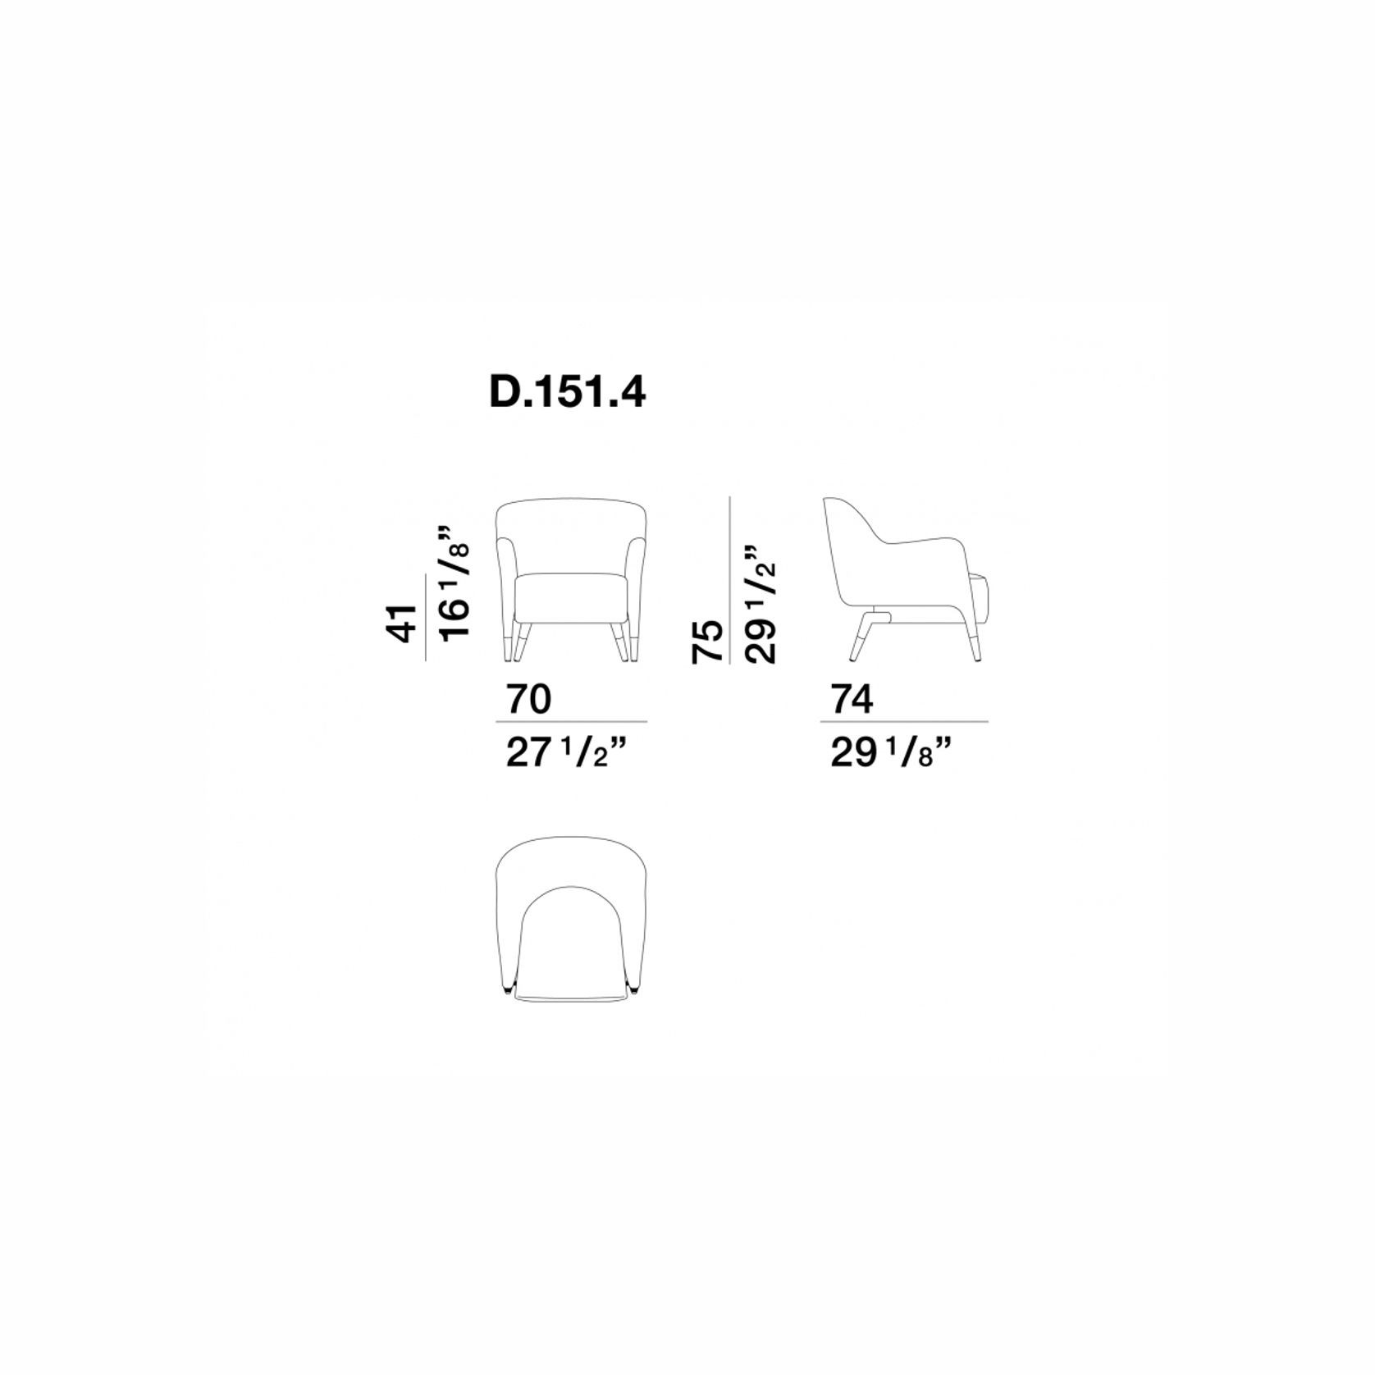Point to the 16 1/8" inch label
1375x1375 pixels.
pyautogui.click(x=455, y=582)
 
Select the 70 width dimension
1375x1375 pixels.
pyautogui.click(x=529, y=700)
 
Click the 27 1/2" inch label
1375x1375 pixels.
pyautogui.click(x=571, y=754)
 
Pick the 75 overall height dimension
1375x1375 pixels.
pyautogui.click(x=707, y=641)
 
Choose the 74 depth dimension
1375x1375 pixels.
pyautogui.click(x=852, y=700)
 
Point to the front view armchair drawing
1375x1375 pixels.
pyautogui.click(x=572, y=579)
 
